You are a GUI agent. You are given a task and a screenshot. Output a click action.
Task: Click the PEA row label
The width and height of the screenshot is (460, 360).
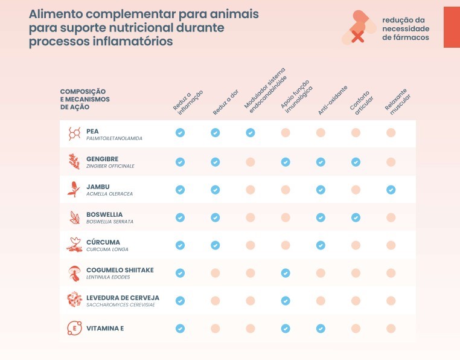tap(92, 130)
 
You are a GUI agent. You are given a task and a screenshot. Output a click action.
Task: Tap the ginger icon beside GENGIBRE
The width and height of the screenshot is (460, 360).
tap(74, 161)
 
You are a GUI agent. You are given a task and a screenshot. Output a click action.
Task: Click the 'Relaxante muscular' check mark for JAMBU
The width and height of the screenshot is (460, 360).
tap(391, 190)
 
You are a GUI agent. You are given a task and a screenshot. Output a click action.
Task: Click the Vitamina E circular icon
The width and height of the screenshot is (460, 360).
tap(74, 329)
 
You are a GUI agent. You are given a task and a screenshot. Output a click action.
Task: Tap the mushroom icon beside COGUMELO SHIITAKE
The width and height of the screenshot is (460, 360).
tap(74, 273)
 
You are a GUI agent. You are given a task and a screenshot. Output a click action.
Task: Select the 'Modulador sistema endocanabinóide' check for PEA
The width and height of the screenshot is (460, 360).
tap(250, 133)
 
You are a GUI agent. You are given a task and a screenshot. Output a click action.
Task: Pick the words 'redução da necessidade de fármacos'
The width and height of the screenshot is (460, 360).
tap(406, 28)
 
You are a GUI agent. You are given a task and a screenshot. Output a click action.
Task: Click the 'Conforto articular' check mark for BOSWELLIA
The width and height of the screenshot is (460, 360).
tap(356, 217)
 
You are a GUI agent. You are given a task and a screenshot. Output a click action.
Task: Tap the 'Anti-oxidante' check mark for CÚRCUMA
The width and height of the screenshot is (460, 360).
tap(321, 245)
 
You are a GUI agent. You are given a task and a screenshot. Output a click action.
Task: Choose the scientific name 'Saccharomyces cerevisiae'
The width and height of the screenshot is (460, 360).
tap(121, 304)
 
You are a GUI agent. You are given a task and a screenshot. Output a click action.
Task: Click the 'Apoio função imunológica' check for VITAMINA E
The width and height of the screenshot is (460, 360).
tap(286, 329)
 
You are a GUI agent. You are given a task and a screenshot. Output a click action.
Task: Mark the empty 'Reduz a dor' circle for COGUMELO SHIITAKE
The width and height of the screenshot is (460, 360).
tap(215, 273)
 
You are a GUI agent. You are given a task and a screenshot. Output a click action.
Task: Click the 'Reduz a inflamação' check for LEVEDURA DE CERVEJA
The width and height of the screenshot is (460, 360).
tap(180, 301)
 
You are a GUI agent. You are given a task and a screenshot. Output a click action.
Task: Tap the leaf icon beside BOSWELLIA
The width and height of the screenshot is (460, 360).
tap(74, 217)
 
